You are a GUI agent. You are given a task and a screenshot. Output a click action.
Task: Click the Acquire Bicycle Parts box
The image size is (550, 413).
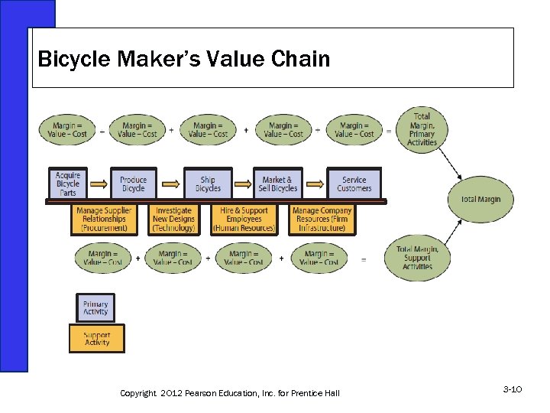68,184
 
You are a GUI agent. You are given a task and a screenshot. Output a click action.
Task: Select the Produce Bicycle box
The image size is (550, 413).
133,184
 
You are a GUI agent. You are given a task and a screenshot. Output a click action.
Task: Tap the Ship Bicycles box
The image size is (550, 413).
208,184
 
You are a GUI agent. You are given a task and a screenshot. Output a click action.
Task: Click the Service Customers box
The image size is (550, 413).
354,184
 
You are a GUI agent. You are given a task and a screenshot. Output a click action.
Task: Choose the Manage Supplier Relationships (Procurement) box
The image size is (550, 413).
104,220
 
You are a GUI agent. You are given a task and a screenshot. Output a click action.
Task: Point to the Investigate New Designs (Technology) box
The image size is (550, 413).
173,220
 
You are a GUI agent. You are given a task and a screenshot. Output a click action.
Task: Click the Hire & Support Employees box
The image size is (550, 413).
244,220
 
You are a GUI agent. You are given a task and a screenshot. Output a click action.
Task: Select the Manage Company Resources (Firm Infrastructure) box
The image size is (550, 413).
322,220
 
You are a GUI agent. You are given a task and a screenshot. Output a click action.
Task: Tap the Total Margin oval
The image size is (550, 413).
480,200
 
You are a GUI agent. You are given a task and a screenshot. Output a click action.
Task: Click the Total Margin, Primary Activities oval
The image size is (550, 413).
422,131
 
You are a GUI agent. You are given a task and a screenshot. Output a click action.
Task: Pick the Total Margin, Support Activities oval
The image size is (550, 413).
417,258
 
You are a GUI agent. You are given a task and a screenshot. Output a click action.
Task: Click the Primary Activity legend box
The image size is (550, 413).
95,308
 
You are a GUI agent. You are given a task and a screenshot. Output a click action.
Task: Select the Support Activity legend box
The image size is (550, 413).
96,339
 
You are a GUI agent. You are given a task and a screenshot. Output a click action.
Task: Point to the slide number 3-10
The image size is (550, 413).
512,390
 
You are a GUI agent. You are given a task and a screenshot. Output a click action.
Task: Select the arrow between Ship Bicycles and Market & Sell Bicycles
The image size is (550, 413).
242,184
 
